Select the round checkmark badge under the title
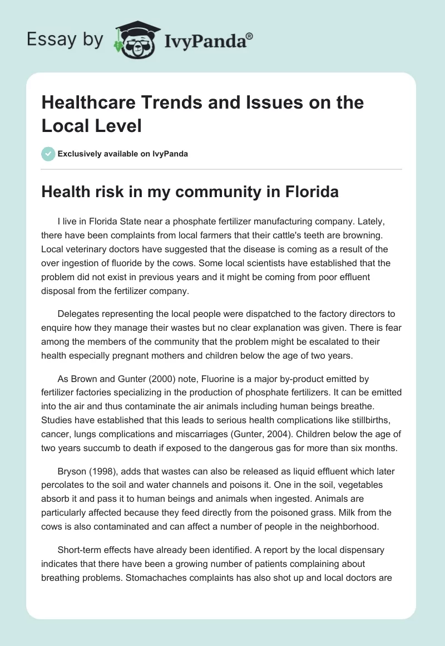[x=48, y=154]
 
